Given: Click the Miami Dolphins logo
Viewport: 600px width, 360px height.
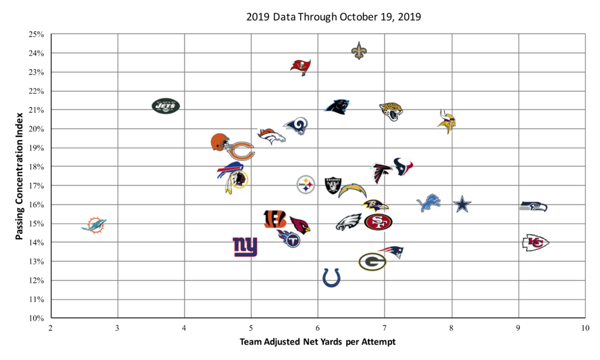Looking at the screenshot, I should (x=94, y=225).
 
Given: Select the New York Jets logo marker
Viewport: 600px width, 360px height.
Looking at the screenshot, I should (x=166, y=106).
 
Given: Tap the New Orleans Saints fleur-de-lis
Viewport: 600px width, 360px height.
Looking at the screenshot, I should (x=359, y=51).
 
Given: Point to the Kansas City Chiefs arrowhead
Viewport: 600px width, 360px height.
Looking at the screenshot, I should (x=536, y=242).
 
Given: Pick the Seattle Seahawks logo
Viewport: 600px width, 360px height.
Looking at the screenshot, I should (x=534, y=206).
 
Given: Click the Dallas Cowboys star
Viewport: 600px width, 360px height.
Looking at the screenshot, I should (x=462, y=205).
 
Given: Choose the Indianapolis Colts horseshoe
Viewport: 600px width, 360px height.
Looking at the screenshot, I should (x=331, y=277).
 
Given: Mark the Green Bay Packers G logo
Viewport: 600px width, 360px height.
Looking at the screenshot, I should (x=372, y=261).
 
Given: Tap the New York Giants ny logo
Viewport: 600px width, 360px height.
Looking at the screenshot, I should (x=245, y=247).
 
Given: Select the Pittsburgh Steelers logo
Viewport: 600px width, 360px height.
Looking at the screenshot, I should (x=306, y=185).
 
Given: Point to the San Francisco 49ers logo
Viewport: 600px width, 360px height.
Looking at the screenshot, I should (x=378, y=222).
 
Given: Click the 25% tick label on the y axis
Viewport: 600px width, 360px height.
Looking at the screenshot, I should (x=36, y=35).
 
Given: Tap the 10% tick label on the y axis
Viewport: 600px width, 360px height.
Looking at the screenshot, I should (x=36, y=318).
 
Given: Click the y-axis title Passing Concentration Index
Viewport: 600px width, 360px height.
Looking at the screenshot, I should (x=20, y=176).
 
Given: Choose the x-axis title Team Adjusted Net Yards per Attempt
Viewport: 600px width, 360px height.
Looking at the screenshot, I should (x=318, y=341).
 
